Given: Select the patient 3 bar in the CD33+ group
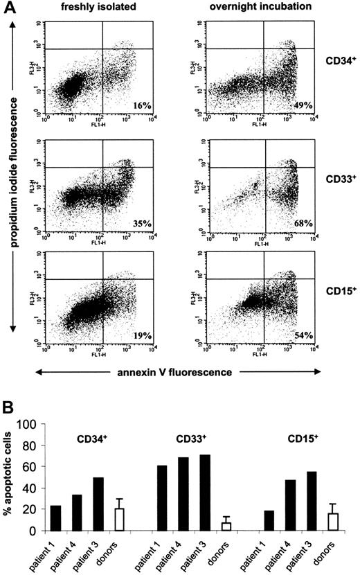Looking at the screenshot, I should point(204,493).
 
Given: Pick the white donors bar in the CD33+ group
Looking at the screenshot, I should point(226,527).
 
